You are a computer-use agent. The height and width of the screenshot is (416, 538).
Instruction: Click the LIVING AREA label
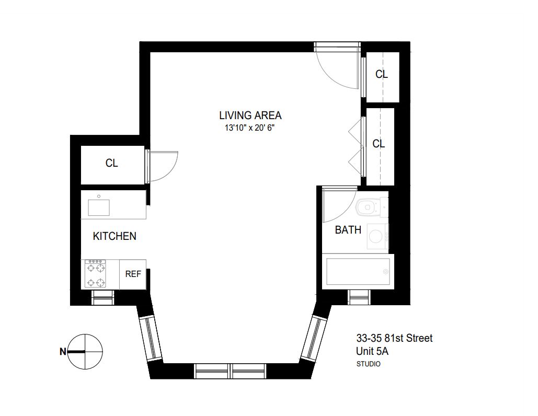click(x=250, y=115)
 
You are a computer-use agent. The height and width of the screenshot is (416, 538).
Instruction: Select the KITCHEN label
click(x=115, y=236)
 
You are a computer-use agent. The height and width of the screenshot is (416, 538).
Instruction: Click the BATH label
click(x=348, y=229)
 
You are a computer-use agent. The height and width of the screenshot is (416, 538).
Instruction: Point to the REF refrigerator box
click(x=133, y=274)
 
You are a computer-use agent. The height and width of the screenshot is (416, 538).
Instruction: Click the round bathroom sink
click(x=376, y=237)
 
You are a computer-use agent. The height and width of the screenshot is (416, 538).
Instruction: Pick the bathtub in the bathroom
click(x=358, y=271)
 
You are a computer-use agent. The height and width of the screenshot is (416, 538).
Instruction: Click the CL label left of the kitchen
click(x=112, y=163)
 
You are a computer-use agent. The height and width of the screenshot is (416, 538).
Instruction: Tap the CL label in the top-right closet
click(x=382, y=75)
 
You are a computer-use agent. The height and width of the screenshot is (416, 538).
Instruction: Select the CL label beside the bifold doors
click(x=379, y=144)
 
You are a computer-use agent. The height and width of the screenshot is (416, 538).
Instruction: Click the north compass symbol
click(x=85, y=351)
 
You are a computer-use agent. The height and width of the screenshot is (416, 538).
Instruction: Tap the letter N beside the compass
click(x=63, y=352)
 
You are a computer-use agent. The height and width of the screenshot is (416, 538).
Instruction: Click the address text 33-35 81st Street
click(x=394, y=339)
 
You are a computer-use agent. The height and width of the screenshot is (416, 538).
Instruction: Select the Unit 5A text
click(x=372, y=351)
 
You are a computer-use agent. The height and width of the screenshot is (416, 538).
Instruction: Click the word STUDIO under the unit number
click(x=368, y=364)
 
